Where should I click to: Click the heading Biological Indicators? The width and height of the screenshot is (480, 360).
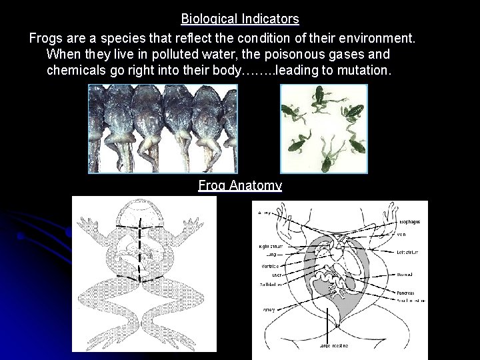coord(240,19)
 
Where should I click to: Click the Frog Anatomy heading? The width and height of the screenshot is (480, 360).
coord(240,186)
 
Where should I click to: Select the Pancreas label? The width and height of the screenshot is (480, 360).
coord(405,293)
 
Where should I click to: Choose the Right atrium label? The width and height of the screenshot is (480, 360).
coord(272,247)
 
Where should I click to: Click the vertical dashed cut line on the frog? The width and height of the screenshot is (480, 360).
coord(140,253)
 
